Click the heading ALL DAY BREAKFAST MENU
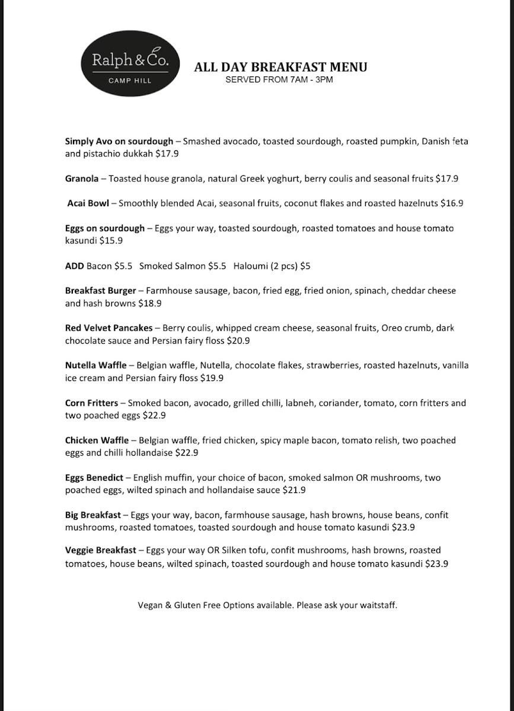click(280, 67)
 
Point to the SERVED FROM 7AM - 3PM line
click(279, 79)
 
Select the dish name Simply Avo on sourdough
click(119, 141)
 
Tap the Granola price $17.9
click(446, 178)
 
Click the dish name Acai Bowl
click(88, 203)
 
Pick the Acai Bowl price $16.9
click(452, 203)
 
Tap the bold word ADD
click(74, 266)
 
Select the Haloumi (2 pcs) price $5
click(305, 266)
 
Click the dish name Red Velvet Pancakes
click(108, 328)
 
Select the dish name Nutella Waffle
click(95, 366)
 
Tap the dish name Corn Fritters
click(91, 403)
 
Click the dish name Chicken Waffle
click(97, 440)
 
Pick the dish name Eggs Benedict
click(94, 478)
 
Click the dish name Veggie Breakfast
click(100, 550)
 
